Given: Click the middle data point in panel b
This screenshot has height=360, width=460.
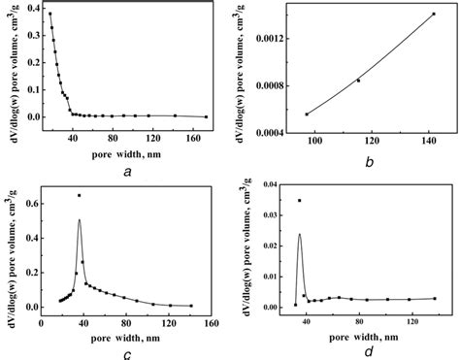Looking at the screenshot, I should pos(358,81).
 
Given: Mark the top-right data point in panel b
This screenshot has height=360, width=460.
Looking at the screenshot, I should pos(433,15).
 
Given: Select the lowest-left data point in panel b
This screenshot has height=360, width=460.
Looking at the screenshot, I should pos(307,115).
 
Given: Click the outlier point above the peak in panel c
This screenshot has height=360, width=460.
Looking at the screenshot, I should pos(79,196).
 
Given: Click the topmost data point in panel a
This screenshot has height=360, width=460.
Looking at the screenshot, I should pos(49,14).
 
